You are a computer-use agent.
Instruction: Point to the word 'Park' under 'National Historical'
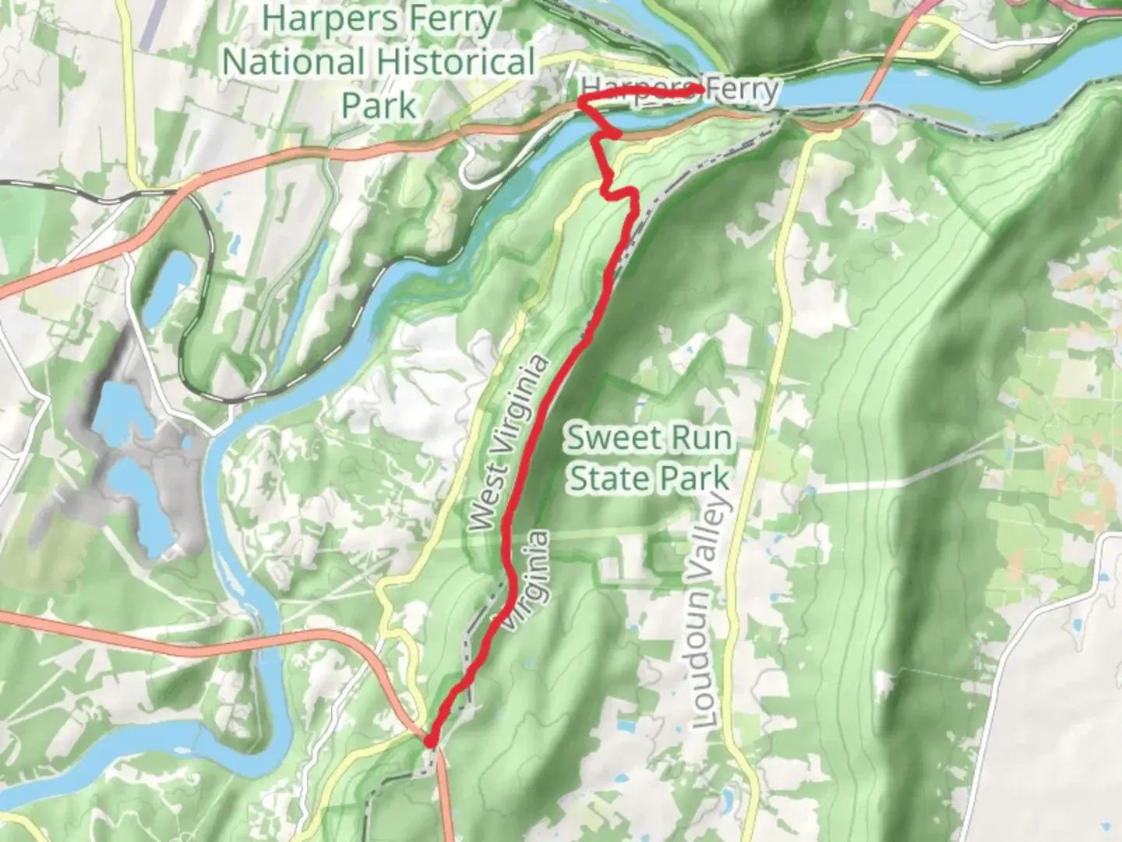tap(379, 104)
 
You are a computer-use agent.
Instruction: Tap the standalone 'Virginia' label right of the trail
tap(531, 578)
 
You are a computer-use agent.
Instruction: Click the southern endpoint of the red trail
tap(429, 741)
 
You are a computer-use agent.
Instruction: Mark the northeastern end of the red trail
tap(700, 91)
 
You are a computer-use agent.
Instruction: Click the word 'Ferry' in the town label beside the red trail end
tap(742, 90)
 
